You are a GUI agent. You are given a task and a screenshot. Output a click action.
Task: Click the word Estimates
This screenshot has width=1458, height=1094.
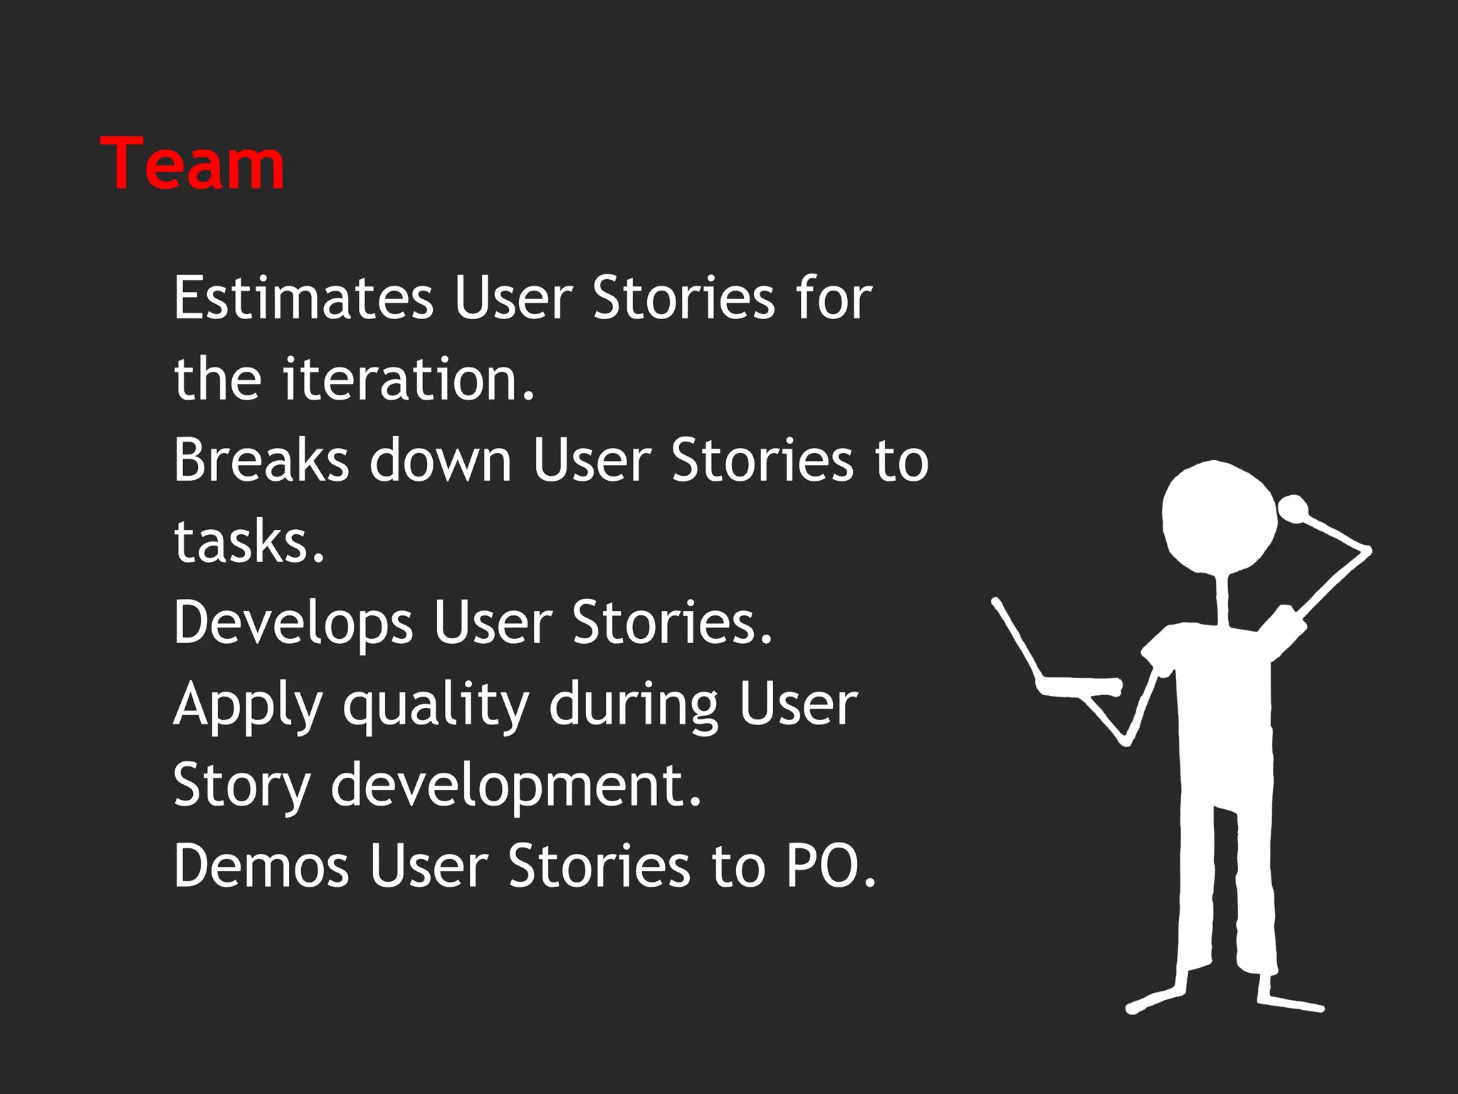(303, 298)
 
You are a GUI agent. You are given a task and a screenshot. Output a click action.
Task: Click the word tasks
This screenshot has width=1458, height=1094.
(248, 541)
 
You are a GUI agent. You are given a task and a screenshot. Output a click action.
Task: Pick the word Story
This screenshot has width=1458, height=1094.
(242, 786)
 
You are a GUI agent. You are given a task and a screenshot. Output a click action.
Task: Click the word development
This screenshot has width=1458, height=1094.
(516, 786)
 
